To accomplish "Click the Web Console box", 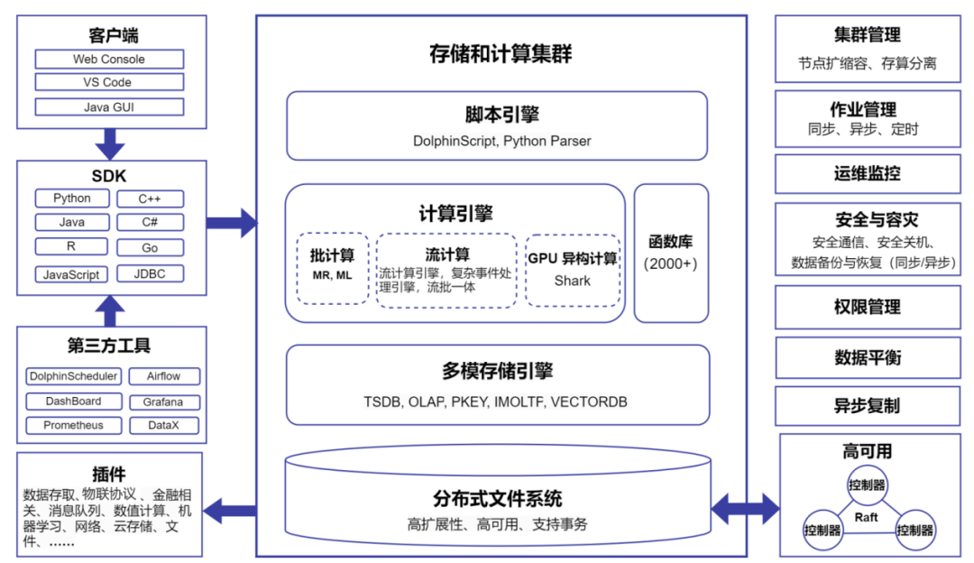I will (x=109, y=60).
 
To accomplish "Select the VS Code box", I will (x=109, y=82).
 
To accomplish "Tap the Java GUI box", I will (x=109, y=106).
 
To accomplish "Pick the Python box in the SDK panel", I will (x=72, y=198).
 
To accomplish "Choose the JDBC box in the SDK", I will (x=150, y=273).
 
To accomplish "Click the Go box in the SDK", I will (x=150, y=248).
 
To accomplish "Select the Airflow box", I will (x=162, y=376).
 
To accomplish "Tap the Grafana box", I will (x=162, y=401).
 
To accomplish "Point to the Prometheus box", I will (x=74, y=425).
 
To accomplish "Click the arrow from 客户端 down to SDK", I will (x=110, y=143).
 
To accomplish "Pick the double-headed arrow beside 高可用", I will (x=745, y=508).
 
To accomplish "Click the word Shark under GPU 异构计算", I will (x=572, y=281).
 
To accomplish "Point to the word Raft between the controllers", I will (x=866, y=517).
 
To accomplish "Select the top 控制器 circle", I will (x=866, y=485).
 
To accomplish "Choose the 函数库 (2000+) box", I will (x=670, y=253).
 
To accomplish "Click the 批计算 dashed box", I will (x=332, y=268).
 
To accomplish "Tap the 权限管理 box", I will (x=867, y=308).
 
